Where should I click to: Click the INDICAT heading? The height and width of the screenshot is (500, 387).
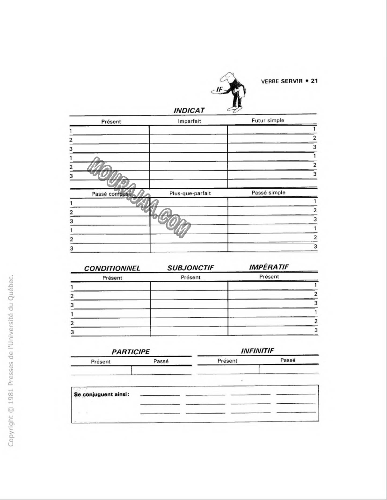pos(189,111)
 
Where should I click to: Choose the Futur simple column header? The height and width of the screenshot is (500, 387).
pos(268,121)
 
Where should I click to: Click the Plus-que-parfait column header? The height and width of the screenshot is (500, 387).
pos(190,193)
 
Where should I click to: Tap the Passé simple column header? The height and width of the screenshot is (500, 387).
pos(268,193)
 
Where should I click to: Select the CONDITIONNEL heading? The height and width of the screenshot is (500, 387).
pos(112,269)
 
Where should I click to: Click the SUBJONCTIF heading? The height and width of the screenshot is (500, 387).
pos(190,268)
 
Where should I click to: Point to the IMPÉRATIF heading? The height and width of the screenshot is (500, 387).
pos(269,267)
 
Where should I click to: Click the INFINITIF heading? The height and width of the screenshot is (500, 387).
pos(257,350)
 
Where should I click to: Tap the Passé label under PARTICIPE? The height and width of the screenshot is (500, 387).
pos(161,361)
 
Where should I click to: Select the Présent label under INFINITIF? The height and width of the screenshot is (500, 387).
pos(227,361)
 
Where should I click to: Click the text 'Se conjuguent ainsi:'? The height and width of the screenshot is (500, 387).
pos(102,394)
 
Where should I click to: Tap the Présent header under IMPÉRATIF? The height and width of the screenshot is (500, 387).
pos(269,277)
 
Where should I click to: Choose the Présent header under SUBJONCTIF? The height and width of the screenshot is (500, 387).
pos(190,277)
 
